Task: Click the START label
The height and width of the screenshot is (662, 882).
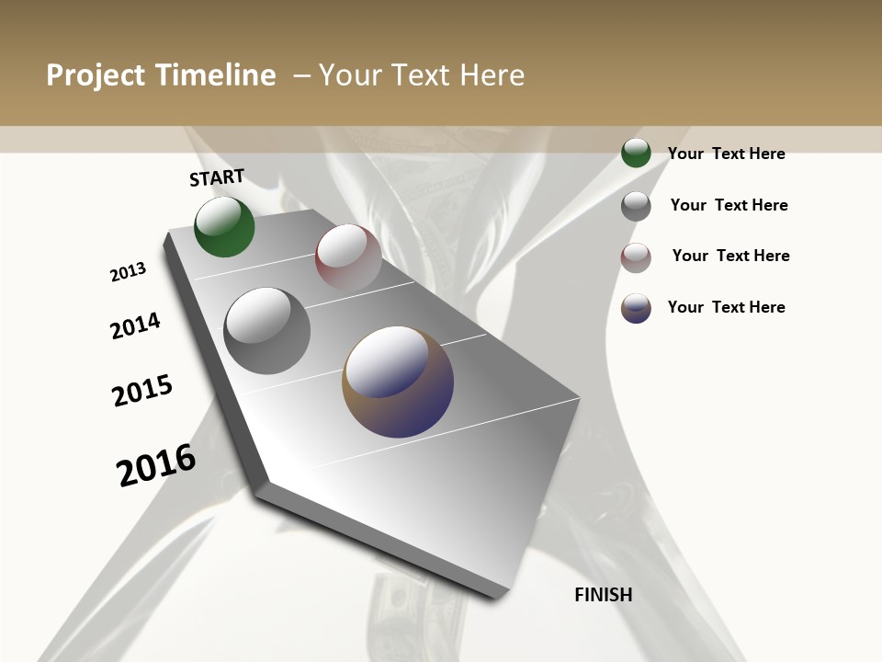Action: (x=217, y=177)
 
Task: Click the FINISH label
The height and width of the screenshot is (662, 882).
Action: (x=604, y=595)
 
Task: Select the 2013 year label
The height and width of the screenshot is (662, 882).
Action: (x=129, y=271)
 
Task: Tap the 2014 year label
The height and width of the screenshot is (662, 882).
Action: (x=135, y=325)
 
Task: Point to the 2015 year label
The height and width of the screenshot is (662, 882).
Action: (x=142, y=391)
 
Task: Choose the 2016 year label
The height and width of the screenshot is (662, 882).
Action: (x=156, y=465)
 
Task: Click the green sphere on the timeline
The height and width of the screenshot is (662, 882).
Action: (x=224, y=227)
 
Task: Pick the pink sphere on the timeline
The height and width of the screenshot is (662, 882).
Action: (x=348, y=257)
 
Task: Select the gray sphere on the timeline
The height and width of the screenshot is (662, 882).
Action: (x=266, y=331)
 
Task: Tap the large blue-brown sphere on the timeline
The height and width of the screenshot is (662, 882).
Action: (x=398, y=382)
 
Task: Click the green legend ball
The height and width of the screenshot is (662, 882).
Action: (x=636, y=153)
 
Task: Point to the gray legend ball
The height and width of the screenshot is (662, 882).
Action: (x=636, y=206)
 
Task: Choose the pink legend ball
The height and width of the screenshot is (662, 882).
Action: (x=636, y=257)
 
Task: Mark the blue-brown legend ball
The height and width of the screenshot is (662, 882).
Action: (x=636, y=308)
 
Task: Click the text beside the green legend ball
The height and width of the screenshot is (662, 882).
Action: (x=727, y=154)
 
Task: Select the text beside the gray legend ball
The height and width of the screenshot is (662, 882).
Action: (x=729, y=205)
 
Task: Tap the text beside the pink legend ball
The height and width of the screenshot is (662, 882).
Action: (x=731, y=256)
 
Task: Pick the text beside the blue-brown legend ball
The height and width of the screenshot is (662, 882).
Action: (x=727, y=307)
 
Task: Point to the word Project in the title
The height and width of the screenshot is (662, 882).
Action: (x=95, y=75)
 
